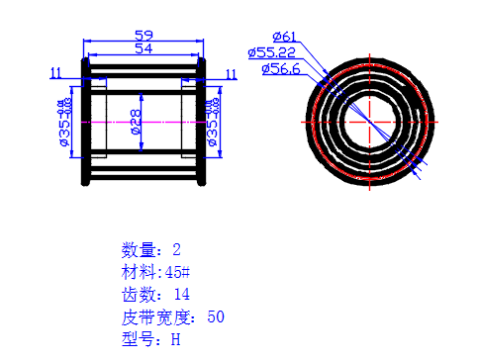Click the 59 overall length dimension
143,35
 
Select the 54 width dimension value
143,47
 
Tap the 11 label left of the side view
55,72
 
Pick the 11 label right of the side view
232,73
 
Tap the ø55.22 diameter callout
272,52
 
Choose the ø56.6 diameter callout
281,68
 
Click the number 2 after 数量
177,249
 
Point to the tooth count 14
180,295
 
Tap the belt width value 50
216,317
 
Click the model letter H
176,340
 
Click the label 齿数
137,295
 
